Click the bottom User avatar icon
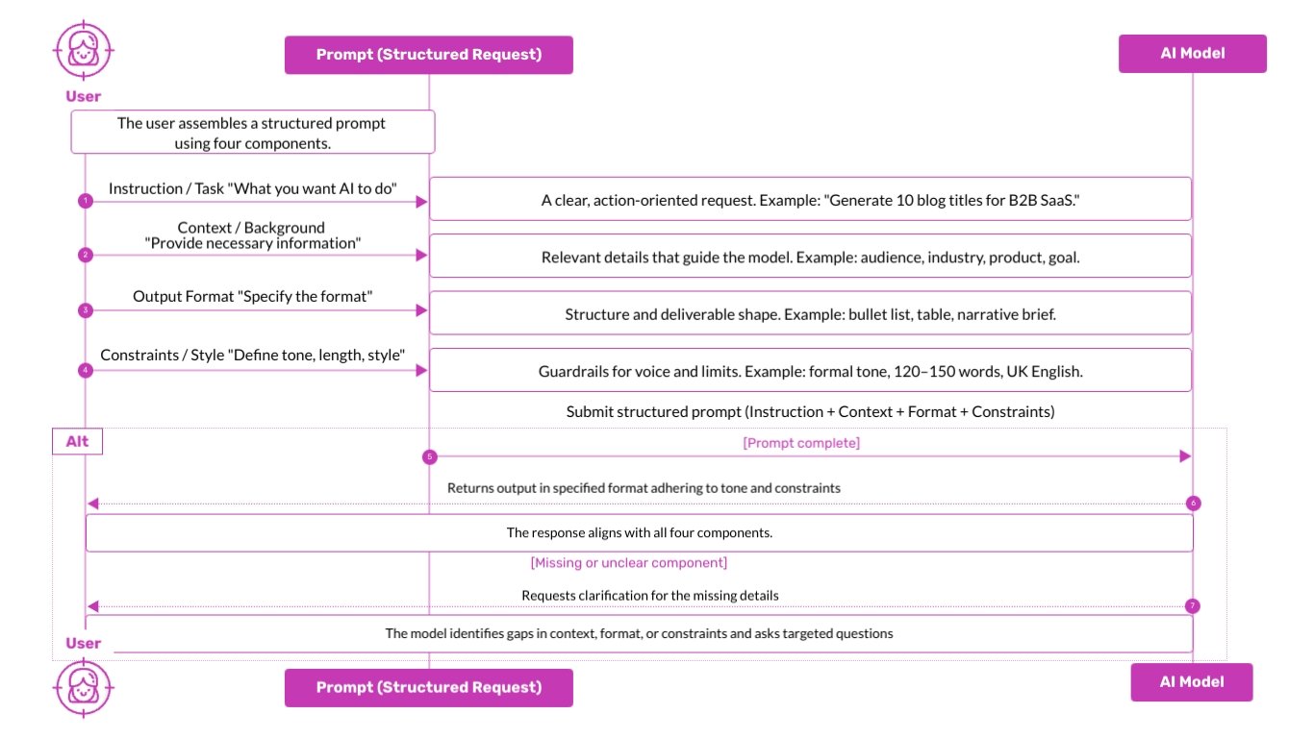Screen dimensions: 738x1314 (x=84, y=686)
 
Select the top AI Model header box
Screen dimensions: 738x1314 (x=1192, y=54)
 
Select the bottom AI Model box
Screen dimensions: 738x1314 (x=1192, y=681)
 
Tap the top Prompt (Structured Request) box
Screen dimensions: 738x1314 (x=429, y=55)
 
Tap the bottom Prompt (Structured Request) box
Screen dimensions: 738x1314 (x=429, y=687)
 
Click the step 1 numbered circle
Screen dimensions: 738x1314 (x=86, y=201)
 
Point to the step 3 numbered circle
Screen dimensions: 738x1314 (x=86, y=310)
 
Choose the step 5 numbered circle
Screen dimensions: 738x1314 (x=429, y=457)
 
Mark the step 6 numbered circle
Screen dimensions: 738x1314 (x=1193, y=504)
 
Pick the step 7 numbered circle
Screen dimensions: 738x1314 (x=1193, y=606)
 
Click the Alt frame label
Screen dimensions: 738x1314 (x=77, y=442)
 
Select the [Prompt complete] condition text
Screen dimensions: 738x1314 (x=800, y=443)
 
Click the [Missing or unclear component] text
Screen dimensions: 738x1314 (x=628, y=562)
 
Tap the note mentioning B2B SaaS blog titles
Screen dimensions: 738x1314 (x=810, y=200)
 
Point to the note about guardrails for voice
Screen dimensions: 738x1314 (x=810, y=370)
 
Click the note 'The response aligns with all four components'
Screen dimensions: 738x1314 (x=639, y=532)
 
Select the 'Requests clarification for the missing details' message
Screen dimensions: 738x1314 (x=649, y=596)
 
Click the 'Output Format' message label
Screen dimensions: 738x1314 (x=252, y=296)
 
